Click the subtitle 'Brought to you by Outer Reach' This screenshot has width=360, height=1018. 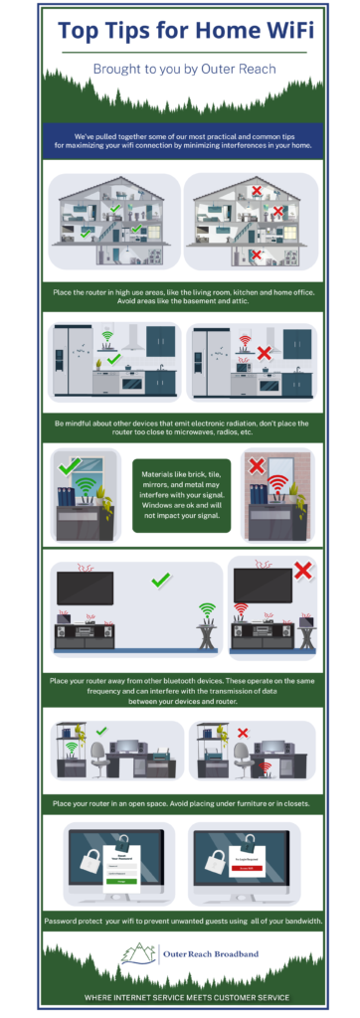[180, 71]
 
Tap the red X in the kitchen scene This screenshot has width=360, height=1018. [264, 353]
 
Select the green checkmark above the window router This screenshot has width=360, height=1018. [70, 464]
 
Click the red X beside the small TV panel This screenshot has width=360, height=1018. [303, 570]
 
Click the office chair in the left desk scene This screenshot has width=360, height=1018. [98, 746]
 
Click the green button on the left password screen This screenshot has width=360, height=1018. [121, 881]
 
